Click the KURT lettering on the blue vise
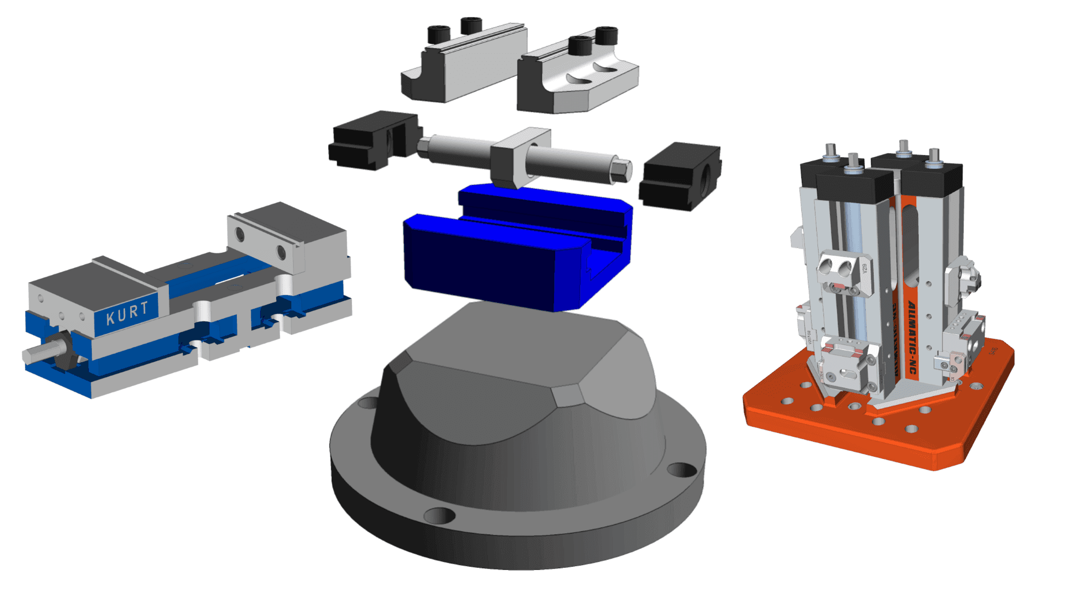[127, 313]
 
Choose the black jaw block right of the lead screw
[681, 175]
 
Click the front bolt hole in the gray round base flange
[439, 516]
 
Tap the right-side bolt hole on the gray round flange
[681, 469]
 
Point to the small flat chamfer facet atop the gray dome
[568, 396]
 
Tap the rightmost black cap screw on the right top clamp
[606, 34]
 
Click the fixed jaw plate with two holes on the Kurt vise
[261, 244]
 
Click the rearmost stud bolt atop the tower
[903, 148]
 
